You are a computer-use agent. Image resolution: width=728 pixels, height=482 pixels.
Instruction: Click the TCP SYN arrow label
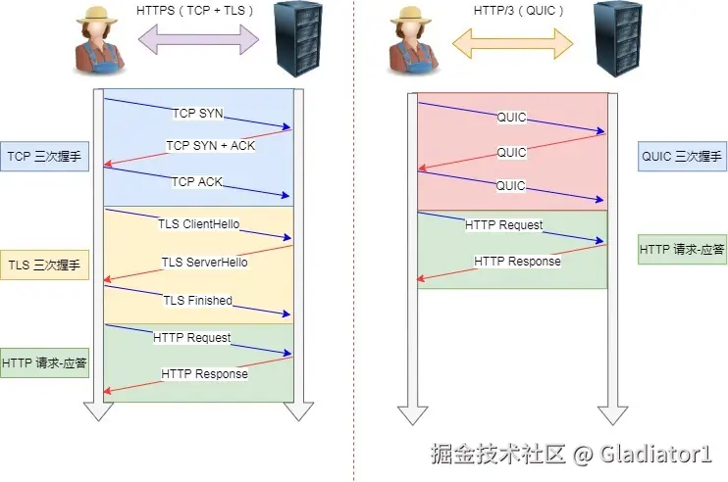tap(197, 113)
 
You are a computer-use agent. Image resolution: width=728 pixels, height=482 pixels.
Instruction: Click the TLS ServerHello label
tap(204, 262)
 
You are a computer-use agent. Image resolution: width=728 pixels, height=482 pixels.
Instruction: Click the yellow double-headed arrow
tap(512, 41)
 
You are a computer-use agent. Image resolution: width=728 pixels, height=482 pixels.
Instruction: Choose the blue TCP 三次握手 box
tap(45, 156)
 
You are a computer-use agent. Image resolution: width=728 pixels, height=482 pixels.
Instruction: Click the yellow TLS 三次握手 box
tap(45, 265)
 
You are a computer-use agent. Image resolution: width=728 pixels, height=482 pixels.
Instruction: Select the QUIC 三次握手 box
tap(681, 156)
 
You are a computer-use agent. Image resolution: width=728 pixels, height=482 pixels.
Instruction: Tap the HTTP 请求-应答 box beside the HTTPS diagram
tap(45, 362)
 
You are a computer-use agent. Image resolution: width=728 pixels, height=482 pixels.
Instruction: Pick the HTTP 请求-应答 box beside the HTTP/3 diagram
tap(682, 249)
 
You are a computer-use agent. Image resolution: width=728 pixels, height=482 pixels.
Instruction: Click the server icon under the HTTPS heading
tap(300, 38)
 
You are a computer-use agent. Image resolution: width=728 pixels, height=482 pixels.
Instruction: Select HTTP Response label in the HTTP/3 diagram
tap(517, 262)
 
